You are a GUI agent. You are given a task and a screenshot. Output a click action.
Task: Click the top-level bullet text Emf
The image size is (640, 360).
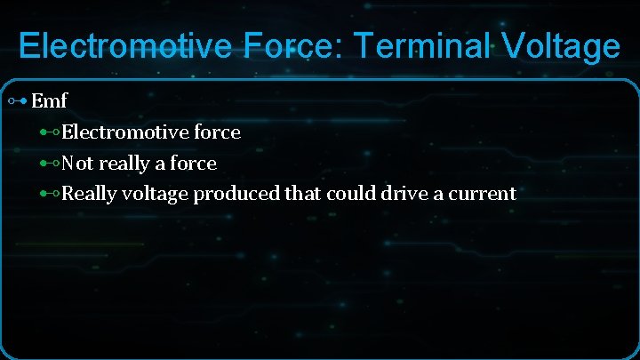pos(49,101)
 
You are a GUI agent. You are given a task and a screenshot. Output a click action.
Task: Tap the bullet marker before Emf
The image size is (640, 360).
pos(17,101)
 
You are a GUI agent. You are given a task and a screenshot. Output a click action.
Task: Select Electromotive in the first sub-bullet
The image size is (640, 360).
pos(126,132)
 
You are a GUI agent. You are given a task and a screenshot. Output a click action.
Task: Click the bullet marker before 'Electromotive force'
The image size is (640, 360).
pos(49,132)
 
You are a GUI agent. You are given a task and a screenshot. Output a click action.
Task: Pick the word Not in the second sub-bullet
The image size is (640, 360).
pos(77,164)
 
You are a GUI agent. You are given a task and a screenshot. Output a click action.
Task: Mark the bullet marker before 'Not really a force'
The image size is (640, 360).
pos(49,164)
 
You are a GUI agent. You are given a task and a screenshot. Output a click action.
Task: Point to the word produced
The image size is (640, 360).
pos(236,194)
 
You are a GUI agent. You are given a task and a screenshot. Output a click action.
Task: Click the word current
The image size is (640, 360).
pos(480,194)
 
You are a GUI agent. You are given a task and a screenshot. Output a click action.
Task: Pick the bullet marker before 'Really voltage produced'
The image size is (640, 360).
pos(49,194)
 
